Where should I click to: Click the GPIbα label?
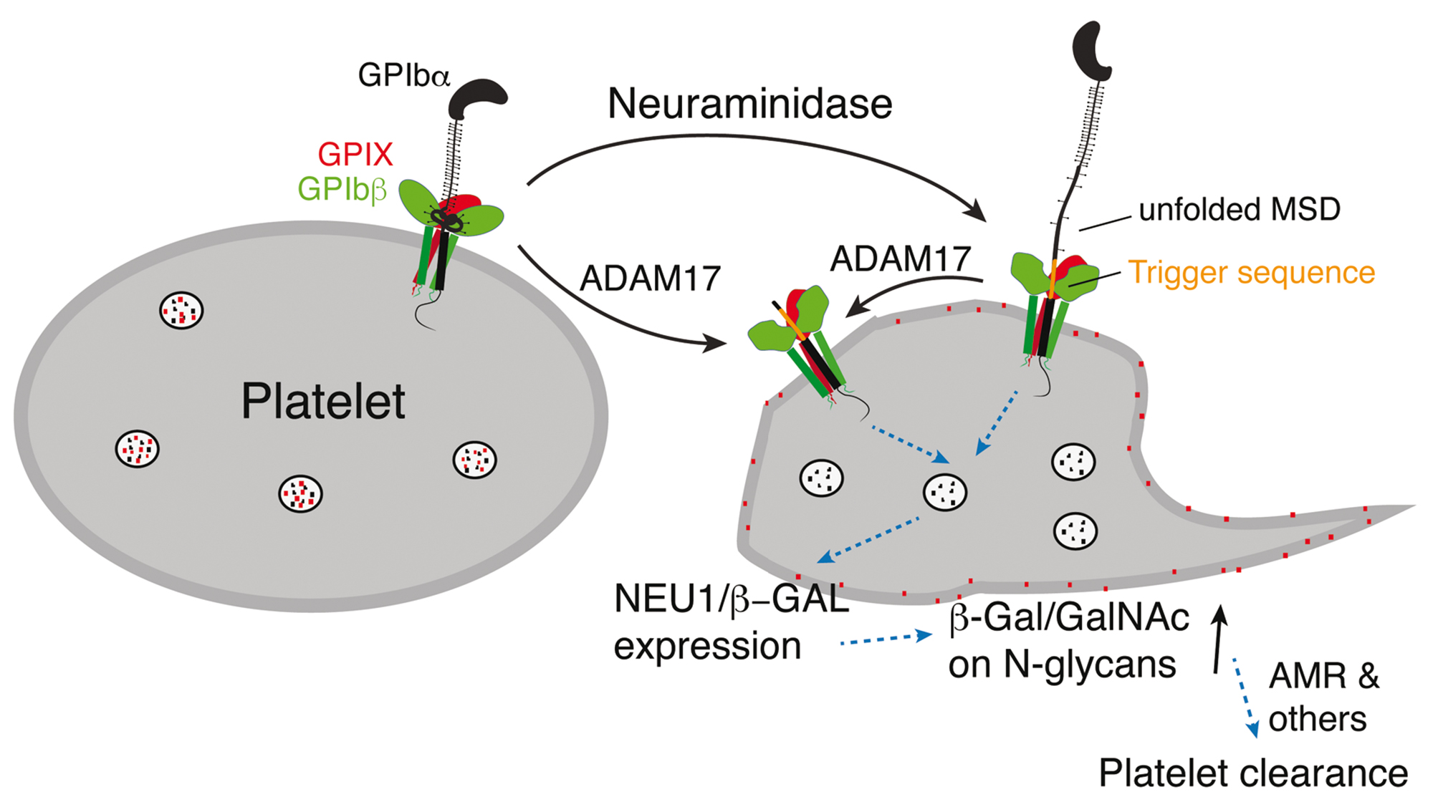tap(403, 75)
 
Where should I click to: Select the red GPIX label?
tap(355, 154)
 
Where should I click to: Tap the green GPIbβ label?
tap(342, 189)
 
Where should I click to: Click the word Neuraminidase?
tap(749, 104)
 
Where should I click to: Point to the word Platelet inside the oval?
tap(323, 401)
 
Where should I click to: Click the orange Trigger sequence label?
tap(1251, 273)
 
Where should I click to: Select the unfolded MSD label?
tap(1239, 210)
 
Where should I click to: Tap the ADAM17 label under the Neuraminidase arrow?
tap(650, 279)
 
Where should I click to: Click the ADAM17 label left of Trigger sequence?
tap(900, 259)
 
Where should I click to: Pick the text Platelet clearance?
tap(1253, 773)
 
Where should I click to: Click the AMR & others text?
tap(1322, 697)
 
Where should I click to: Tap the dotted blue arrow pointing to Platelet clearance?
tap(1245, 698)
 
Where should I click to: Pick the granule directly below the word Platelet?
tap(300, 493)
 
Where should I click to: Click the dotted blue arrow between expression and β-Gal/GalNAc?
tap(886, 638)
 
